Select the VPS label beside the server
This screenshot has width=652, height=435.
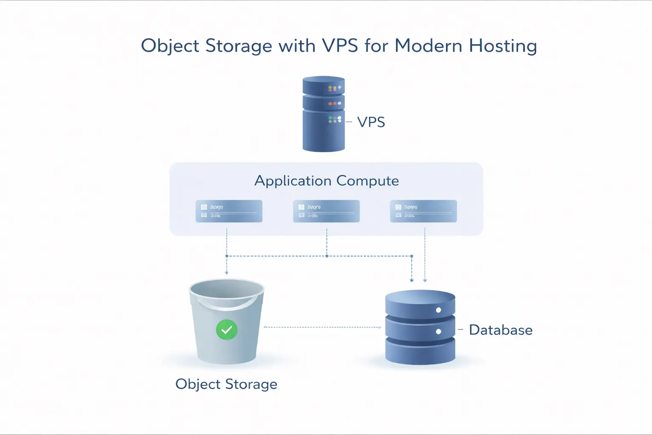(x=371, y=122)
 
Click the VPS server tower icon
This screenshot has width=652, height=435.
(x=323, y=114)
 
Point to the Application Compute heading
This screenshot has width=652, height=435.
(x=326, y=181)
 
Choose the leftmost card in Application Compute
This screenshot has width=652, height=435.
(x=229, y=211)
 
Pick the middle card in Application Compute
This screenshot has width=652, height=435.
(x=326, y=211)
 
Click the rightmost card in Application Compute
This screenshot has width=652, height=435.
(x=423, y=211)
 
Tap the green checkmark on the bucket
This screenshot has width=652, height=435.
(x=227, y=330)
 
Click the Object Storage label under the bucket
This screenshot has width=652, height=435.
(x=226, y=384)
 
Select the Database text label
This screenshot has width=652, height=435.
(x=500, y=330)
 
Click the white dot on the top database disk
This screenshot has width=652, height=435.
(x=438, y=310)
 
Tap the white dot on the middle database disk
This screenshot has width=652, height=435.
(x=438, y=331)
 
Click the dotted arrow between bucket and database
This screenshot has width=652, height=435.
(x=323, y=327)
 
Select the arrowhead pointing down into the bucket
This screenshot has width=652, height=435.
(x=227, y=273)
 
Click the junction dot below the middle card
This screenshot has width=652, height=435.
(x=326, y=256)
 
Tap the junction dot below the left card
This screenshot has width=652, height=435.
(x=227, y=256)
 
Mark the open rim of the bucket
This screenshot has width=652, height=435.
(x=227, y=289)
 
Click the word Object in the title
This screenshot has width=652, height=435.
(x=170, y=46)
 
